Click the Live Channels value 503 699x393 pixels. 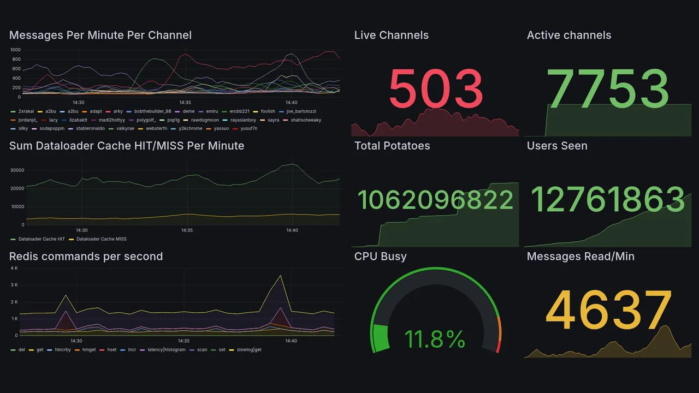point(436,88)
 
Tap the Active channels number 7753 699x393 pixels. point(608,88)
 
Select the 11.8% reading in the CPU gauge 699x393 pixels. point(435,340)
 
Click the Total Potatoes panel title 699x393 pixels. point(392,146)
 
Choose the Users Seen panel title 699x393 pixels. point(557,146)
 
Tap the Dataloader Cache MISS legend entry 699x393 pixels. point(101,239)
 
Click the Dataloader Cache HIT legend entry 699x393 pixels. point(42,239)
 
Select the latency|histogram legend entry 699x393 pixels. point(167,349)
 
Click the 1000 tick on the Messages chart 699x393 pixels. point(15,50)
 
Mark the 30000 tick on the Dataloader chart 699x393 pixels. point(17,170)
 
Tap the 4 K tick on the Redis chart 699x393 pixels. point(15,269)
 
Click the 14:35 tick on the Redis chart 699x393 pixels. point(183,341)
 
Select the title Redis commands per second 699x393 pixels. point(86,257)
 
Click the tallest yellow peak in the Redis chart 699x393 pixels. point(281,276)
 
